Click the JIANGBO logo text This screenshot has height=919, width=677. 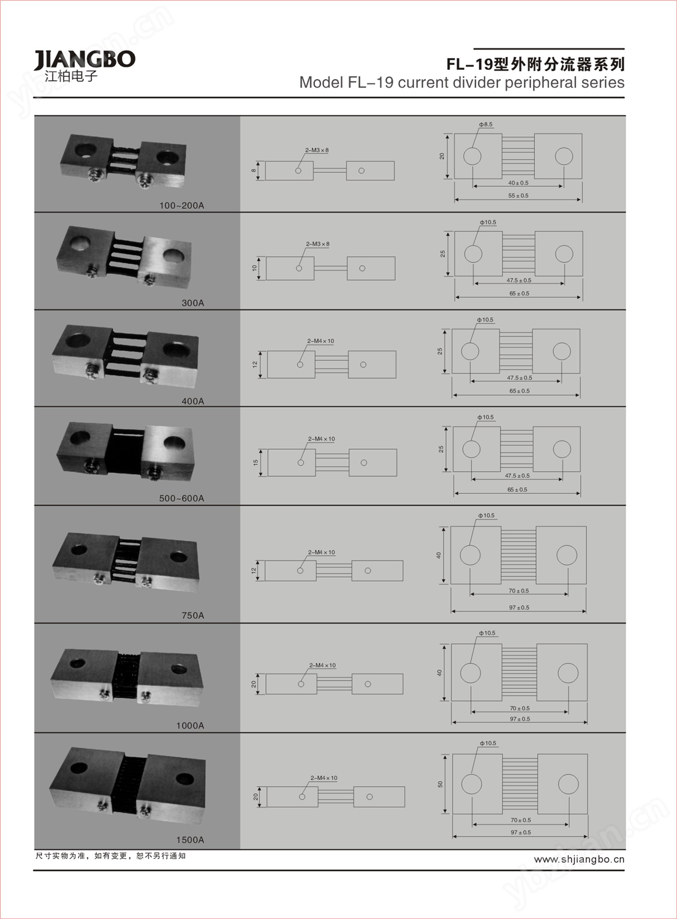pos(85,60)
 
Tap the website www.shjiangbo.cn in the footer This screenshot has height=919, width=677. pos(579,860)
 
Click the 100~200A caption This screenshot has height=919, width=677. pos(181,205)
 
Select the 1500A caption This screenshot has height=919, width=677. pos(190,840)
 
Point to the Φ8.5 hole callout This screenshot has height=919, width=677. pos(485,124)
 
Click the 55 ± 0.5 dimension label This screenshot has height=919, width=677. pos(518,195)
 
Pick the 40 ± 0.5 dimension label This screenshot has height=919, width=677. pos(518,183)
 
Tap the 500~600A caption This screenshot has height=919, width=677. pos(181,499)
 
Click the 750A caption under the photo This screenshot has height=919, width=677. pos(193,615)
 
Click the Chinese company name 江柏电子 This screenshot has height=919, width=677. pos(71,77)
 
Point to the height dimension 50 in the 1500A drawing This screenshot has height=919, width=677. pos(441,784)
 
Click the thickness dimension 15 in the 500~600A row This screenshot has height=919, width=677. pos(255,463)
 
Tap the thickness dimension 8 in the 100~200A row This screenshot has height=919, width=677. pos(254,171)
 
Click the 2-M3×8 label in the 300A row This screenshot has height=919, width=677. pos(317,244)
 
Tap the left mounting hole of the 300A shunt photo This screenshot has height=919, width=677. pos(80,243)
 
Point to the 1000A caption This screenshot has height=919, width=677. pos(190,726)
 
